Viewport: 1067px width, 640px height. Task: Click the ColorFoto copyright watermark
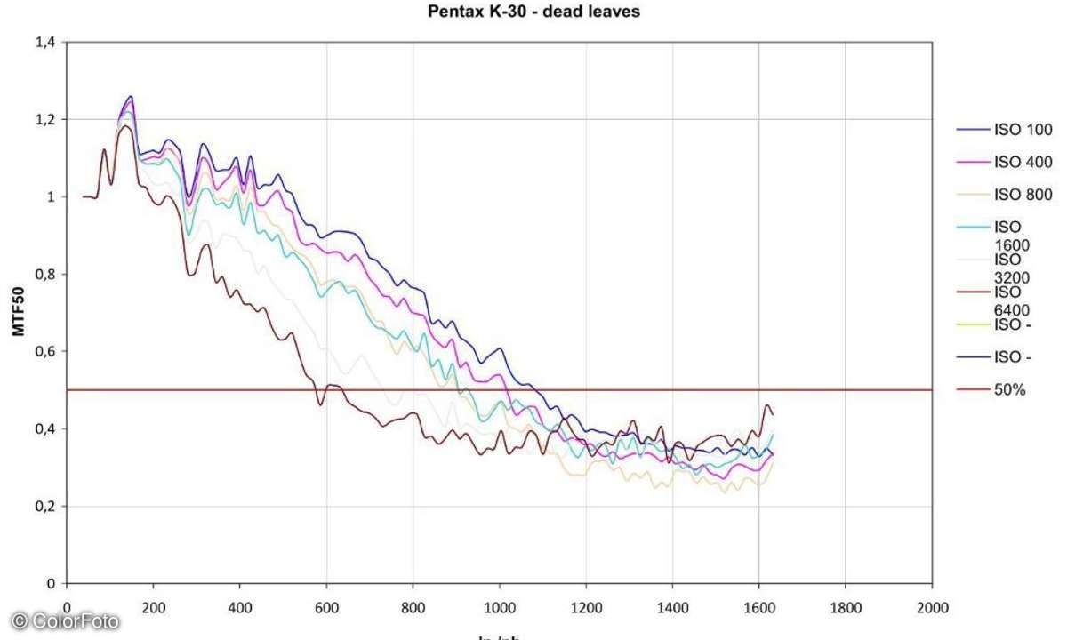point(64,621)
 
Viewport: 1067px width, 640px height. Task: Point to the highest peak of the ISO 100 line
point(132,96)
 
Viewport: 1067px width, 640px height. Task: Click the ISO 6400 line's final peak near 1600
point(767,405)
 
